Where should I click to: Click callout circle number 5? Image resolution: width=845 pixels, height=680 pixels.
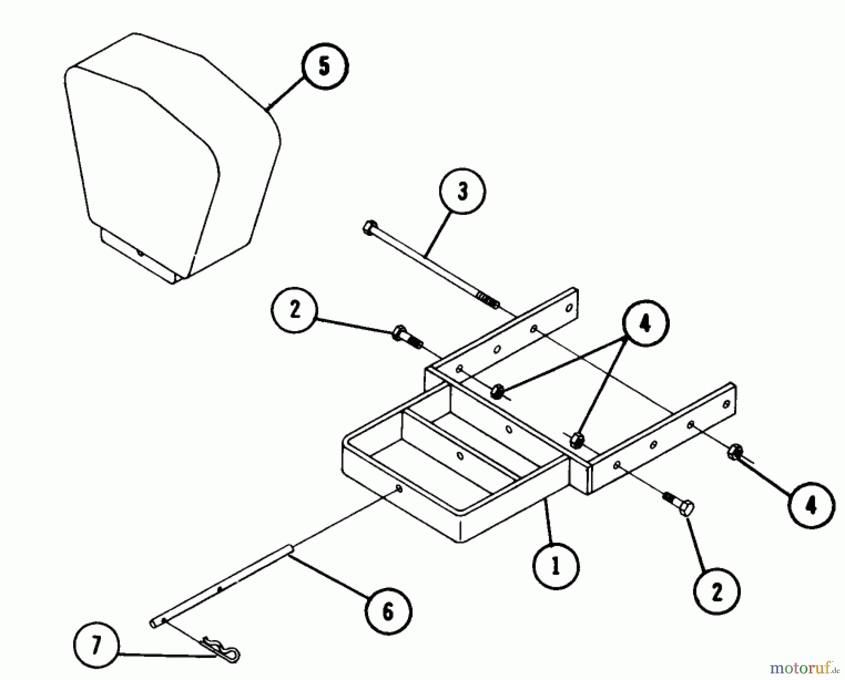[324, 67]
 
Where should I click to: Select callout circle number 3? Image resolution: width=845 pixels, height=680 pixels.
[462, 191]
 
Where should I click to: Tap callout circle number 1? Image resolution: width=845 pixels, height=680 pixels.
[556, 567]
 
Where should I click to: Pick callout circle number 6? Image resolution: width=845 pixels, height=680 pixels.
[388, 612]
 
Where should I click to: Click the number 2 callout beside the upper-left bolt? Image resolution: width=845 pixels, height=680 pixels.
[295, 310]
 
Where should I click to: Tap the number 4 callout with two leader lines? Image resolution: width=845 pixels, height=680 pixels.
[645, 324]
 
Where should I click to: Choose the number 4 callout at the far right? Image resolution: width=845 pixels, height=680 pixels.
[811, 506]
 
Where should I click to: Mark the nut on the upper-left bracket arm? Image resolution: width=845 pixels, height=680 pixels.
[498, 390]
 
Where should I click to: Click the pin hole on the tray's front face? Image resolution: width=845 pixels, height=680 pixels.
[398, 489]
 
